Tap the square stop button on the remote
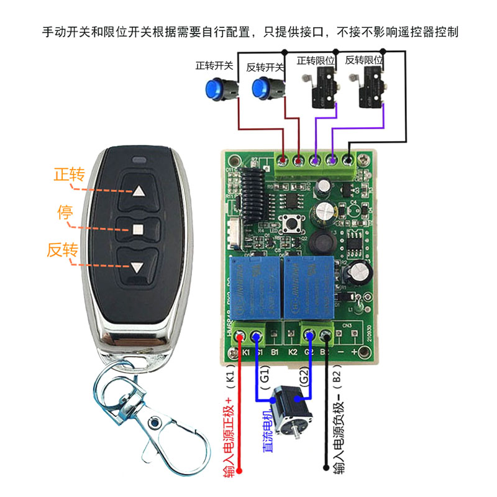[137, 229]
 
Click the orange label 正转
[69, 174]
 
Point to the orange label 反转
[62, 250]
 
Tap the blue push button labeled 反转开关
[263, 91]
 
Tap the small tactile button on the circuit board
[289, 222]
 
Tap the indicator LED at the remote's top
[137, 163]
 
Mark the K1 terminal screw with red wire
[241, 337]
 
